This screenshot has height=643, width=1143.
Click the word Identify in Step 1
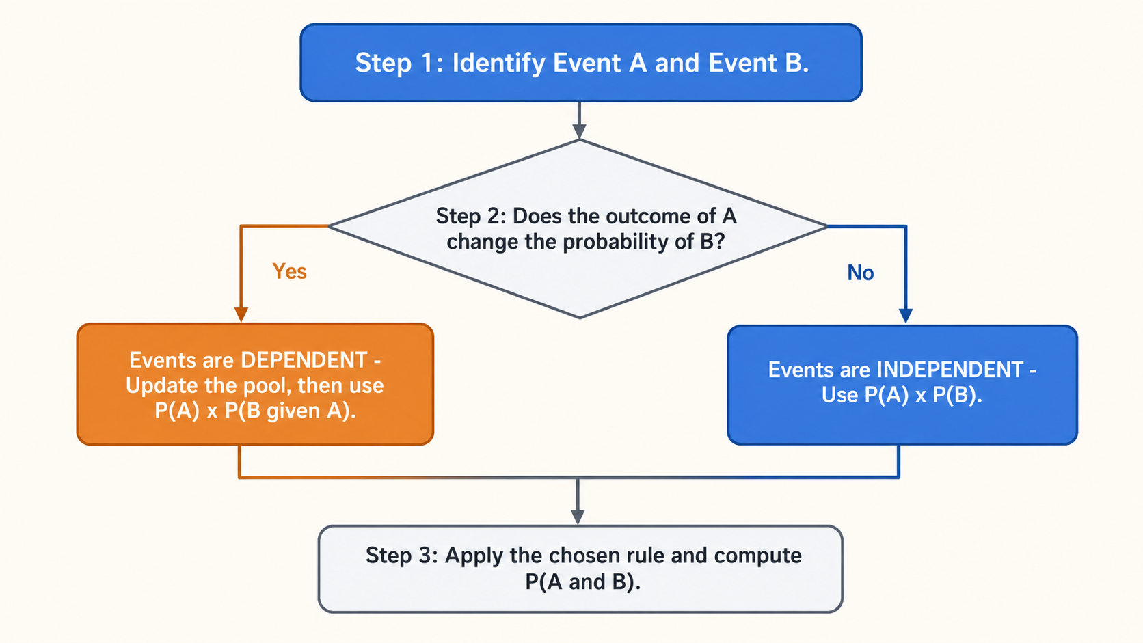[x=498, y=64]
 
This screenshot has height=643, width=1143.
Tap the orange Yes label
[x=289, y=271]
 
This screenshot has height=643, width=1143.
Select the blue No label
[x=860, y=273]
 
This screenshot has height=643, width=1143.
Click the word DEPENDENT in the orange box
[x=304, y=360]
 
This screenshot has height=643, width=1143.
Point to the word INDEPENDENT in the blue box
[x=950, y=370]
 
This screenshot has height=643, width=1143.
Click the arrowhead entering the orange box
[x=241, y=314]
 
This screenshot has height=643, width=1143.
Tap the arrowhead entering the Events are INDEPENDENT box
[x=906, y=316]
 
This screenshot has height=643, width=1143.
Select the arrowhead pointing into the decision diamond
[x=579, y=132]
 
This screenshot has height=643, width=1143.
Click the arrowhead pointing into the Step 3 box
[x=578, y=517]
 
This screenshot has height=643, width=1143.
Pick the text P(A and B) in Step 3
[x=583, y=582]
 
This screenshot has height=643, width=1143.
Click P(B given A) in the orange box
[x=290, y=411]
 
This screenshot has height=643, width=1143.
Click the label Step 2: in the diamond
[x=470, y=216]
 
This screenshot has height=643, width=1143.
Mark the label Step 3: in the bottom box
[x=401, y=556]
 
